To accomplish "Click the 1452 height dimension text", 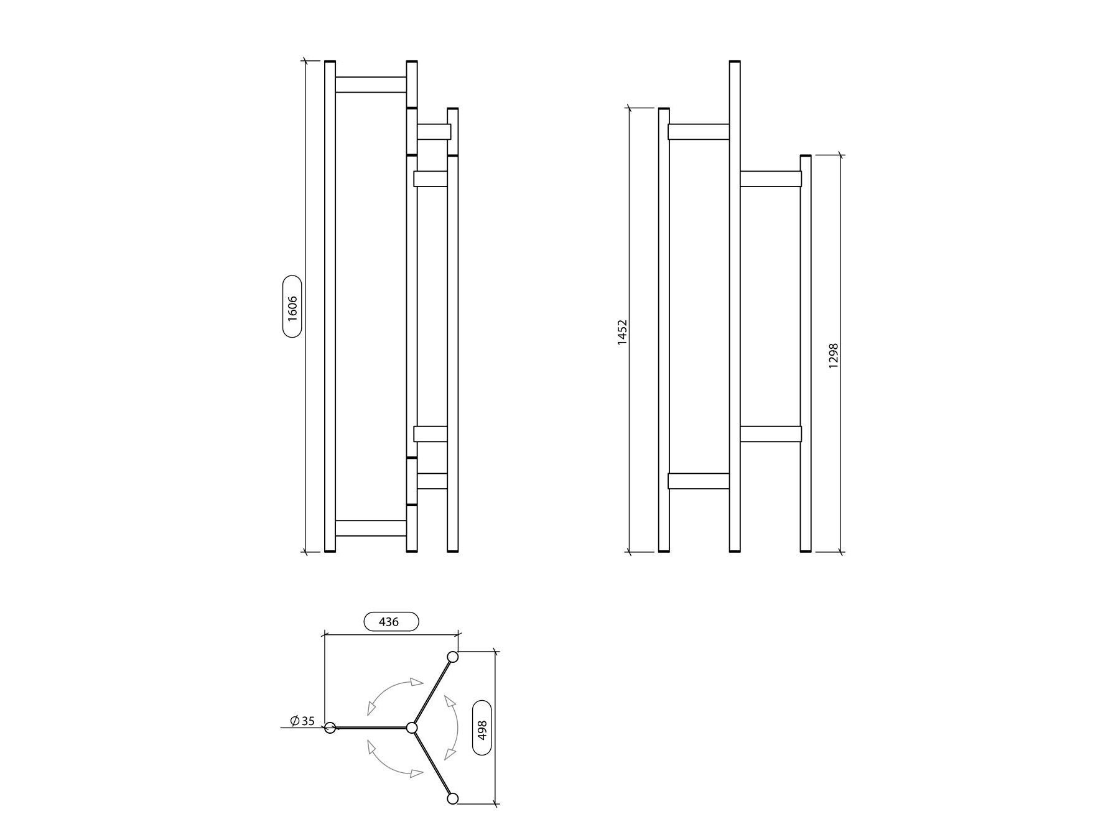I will [x=623, y=333].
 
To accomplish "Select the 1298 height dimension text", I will [x=834, y=356].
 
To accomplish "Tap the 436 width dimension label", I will [x=390, y=621].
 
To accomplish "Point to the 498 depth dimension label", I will [x=482, y=728].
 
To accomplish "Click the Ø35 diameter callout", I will [x=303, y=721].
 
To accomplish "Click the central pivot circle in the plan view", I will [x=411, y=728].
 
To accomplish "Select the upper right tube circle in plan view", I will [x=453, y=657].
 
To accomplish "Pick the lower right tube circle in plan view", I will [x=453, y=798].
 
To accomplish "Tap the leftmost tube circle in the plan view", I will [x=330, y=728].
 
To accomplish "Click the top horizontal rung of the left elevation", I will [x=371, y=85].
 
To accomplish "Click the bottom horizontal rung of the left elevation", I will [x=371, y=528].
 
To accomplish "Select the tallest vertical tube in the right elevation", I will [x=735, y=305].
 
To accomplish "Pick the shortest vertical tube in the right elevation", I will [x=806, y=354].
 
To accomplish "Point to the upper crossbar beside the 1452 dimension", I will [x=699, y=132].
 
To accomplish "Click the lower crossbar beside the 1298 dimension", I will [x=770, y=434].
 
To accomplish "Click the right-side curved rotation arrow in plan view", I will [x=453, y=728].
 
